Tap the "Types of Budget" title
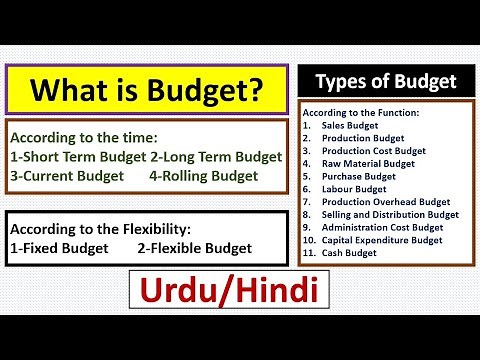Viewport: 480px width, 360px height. pyautogui.click(x=386, y=81)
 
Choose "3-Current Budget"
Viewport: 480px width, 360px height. pyautogui.click(x=68, y=175)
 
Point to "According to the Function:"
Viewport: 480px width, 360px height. pyautogui.click(x=360, y=112)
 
